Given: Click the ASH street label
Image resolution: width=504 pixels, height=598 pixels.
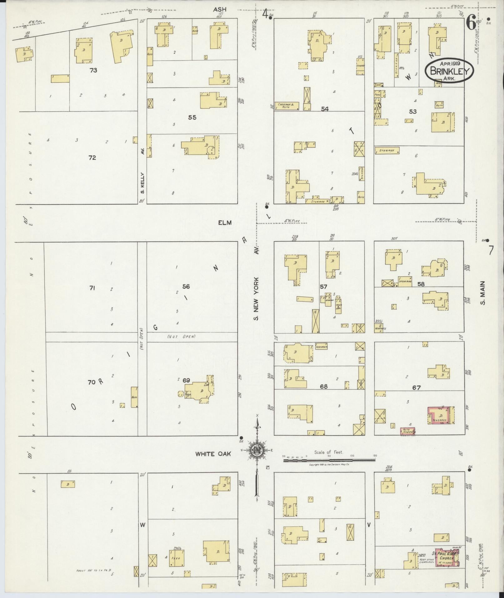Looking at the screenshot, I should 220,10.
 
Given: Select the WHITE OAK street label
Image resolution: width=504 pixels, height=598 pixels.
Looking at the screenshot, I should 213,454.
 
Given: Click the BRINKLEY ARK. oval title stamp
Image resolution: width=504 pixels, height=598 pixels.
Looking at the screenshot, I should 449,71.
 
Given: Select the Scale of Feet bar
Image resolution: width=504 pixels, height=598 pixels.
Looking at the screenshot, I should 329,460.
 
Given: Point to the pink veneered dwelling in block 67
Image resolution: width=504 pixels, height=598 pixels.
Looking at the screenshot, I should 440,415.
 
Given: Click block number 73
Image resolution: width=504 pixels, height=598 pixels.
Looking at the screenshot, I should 93,70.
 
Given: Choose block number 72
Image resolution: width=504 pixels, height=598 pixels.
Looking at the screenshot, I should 92,158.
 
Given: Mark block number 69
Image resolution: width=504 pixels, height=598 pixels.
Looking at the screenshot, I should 186,380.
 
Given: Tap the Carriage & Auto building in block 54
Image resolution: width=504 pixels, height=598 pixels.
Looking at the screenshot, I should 287,106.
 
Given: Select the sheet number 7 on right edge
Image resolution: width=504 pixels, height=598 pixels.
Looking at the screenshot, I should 492,250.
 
